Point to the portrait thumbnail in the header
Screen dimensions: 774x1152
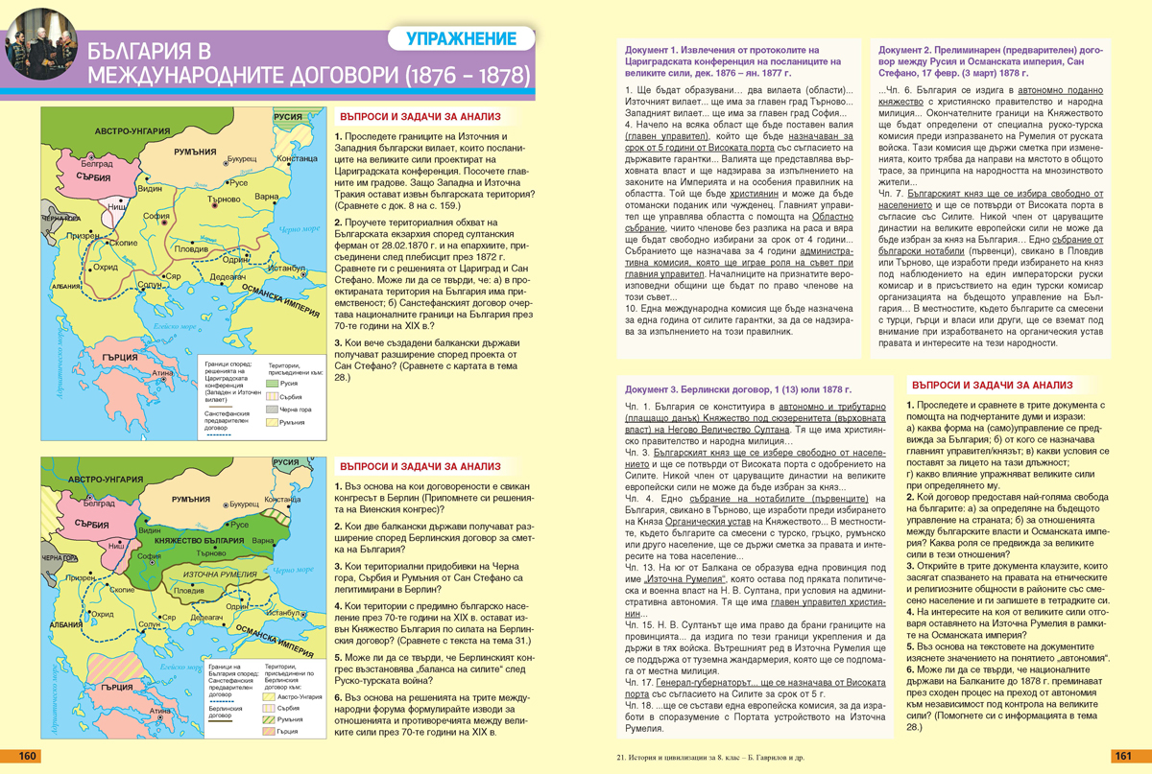click(x=40, y=42)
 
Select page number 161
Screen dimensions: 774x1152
click(x=1124, y=757)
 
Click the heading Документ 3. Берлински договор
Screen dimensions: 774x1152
click(x=738, y=390)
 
